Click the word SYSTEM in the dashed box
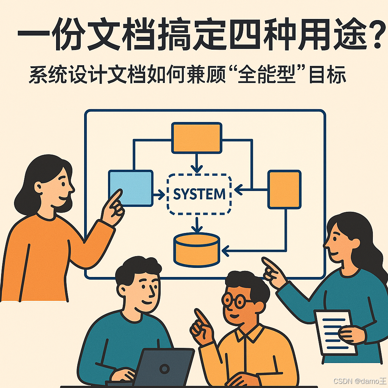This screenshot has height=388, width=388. coord(199,194)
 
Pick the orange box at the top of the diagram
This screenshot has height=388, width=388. coord(197,138)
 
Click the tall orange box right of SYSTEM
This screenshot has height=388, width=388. coord(284,189)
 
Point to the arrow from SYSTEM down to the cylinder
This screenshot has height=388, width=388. coord(196,224)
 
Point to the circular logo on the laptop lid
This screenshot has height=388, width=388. coord(164,369)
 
